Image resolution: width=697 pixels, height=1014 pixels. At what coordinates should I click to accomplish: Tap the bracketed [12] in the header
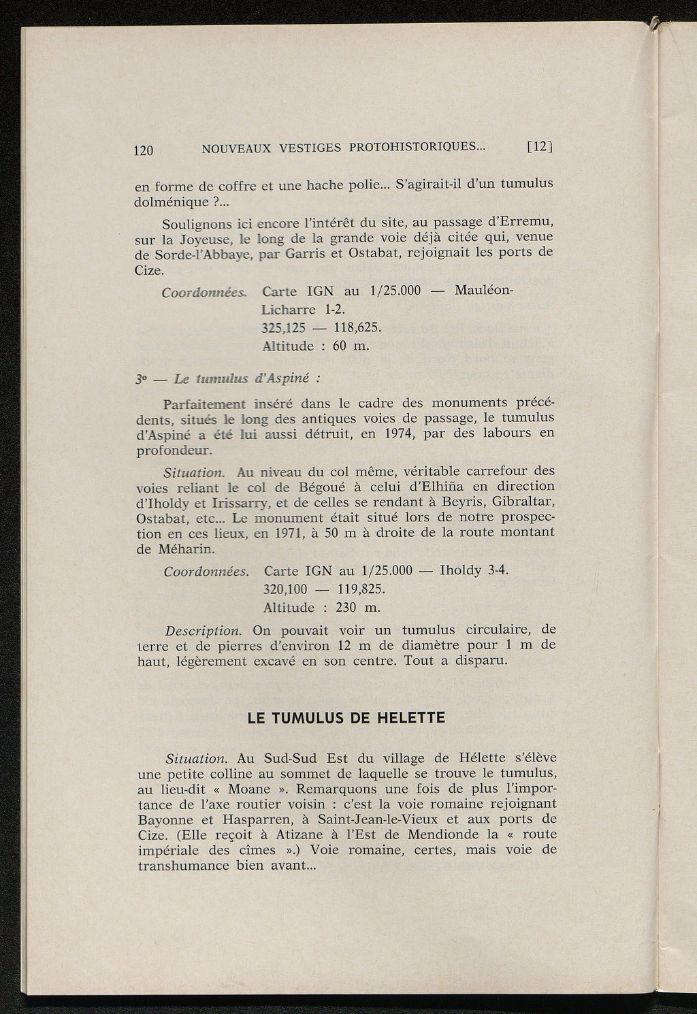tap(540, 146)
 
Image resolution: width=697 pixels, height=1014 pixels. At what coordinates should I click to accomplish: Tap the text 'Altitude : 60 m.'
tap(315, 346)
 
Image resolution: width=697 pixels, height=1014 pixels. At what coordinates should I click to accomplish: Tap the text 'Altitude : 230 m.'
tap(322, 607)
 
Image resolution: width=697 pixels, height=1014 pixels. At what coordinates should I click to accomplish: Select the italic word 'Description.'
tap(204, 630)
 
